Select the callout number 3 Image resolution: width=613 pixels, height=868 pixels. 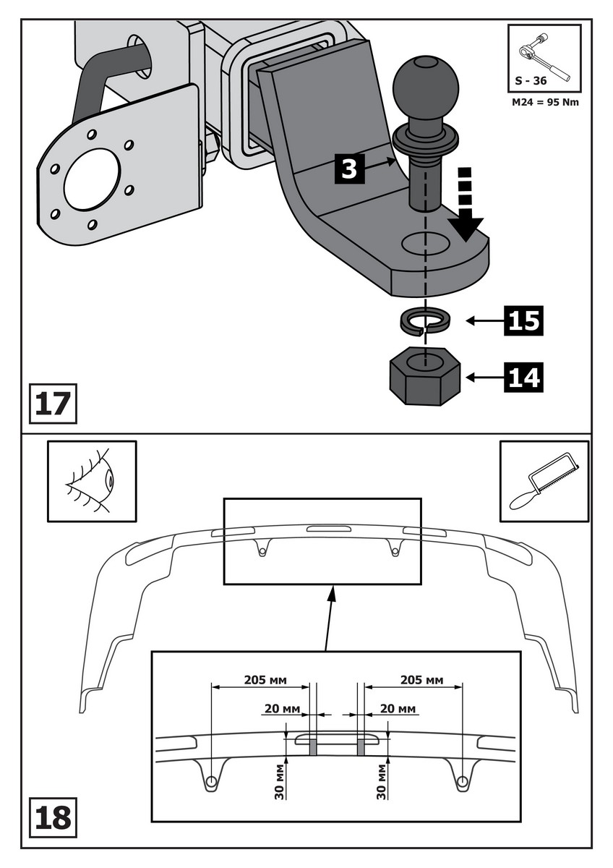[348, 169]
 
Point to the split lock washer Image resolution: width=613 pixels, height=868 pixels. [425, 320]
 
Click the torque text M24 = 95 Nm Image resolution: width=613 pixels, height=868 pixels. [544, 102]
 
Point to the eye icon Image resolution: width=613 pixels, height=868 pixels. [92, 481]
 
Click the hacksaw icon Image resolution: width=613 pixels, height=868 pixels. [544, 481]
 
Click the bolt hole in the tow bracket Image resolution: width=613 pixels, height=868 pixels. [425, 244]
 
